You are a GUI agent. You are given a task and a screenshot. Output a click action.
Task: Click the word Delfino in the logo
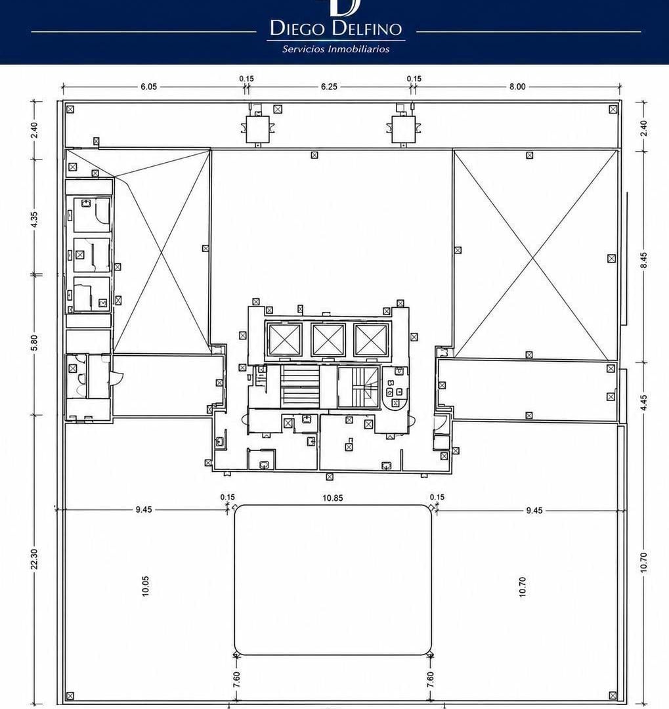366,28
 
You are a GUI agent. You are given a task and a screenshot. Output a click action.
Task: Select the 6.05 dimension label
148,87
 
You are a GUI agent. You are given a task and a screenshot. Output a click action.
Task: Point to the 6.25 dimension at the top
329,87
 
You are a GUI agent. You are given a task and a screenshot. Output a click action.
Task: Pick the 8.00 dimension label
517,87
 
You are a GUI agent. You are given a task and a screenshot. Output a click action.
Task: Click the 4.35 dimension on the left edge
34,220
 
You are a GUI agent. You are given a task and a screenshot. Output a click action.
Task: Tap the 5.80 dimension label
34,342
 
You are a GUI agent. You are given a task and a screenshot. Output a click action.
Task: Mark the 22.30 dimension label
34,559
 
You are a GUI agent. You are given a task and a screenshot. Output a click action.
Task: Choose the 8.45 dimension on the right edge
643,260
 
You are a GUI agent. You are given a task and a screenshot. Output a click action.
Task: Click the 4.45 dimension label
643,403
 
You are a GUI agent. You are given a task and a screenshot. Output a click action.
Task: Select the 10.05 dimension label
145,586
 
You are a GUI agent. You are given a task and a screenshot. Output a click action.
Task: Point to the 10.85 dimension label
332,498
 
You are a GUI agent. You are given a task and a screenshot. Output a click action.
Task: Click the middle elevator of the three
328,340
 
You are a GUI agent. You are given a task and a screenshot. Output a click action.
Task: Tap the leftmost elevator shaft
285,340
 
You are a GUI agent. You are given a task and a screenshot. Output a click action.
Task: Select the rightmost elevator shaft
372,340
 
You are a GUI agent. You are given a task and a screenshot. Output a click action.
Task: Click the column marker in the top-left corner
70,109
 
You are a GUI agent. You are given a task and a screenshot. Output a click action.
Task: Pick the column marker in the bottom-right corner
613,695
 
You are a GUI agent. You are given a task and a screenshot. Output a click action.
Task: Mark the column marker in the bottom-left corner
70,695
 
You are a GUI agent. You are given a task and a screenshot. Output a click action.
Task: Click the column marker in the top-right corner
613,109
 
